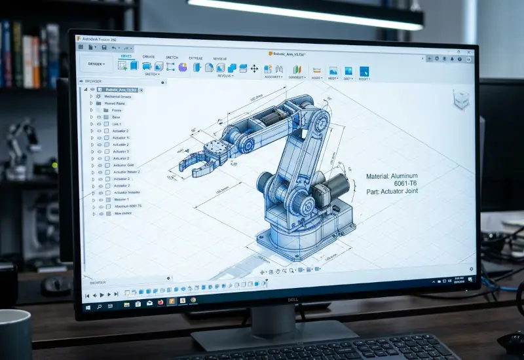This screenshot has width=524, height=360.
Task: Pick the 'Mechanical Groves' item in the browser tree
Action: (118, 96)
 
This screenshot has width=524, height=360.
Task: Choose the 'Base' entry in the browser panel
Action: (116, 117)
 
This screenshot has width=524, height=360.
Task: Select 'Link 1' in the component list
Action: (117, 124)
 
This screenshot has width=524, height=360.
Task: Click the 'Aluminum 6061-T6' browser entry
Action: (128, 206)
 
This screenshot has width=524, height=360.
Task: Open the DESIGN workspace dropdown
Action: (97, 64)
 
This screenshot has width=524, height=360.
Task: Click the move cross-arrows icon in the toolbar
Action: (254, 68)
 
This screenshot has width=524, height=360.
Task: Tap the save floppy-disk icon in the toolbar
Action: (103, 47)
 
